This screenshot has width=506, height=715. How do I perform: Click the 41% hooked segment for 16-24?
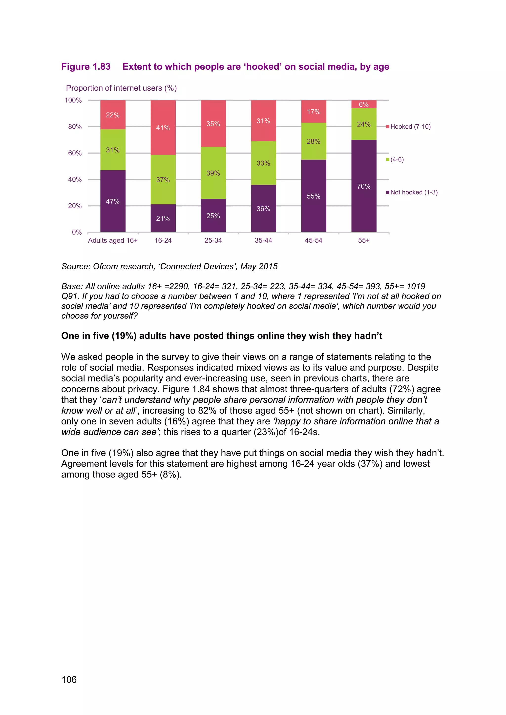pos(163,128)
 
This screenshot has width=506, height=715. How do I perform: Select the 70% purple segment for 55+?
pos(364,186)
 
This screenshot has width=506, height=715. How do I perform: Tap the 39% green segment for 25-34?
pos(213,173)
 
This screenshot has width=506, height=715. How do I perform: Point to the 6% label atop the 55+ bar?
pos(364,104)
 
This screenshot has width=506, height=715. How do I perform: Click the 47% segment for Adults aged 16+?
pos(113,201)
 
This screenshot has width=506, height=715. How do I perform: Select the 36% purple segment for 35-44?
pos(263,208)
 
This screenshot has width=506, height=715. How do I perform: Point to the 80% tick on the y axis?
pos(75,127)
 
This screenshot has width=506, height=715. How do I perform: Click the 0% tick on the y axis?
pos(77,232)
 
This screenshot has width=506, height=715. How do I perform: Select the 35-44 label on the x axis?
pos(263,240)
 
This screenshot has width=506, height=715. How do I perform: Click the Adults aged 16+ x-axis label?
pos(113,240)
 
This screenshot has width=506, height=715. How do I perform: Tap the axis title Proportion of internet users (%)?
pos(121,88)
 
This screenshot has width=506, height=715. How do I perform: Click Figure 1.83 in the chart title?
pos(86,67)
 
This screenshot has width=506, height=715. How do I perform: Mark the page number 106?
pos(69,679)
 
